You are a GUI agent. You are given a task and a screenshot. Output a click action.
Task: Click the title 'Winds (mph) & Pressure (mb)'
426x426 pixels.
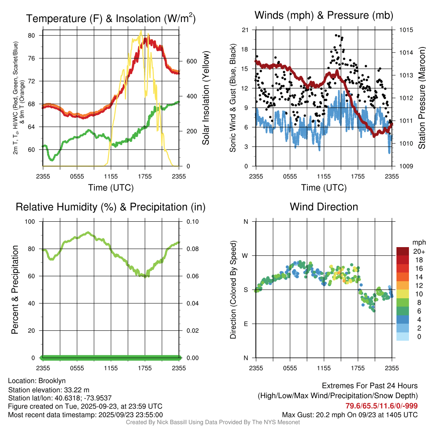(x=324, y=16)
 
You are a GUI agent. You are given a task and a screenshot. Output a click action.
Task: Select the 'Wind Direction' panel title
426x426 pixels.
(x=324, y=207)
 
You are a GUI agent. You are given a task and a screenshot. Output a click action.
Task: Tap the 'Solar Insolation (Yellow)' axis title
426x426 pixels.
(x=206, y=98)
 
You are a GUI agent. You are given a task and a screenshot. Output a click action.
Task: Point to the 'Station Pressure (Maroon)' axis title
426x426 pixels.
(x=421, y=98)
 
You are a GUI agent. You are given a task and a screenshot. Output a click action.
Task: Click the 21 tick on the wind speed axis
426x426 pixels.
(x=245, y=30)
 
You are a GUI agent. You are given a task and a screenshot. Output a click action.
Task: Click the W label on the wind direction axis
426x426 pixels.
(x=245, y=255)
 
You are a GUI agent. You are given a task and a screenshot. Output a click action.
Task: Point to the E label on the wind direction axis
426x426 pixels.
(x=246, y=324)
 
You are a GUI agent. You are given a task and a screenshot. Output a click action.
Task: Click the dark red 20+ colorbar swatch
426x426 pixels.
(x=402, y=251)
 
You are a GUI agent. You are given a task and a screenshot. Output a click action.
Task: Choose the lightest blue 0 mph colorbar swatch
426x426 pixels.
(x=402, y=337)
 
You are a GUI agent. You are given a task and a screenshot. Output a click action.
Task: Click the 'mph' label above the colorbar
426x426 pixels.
(x=418, y=242)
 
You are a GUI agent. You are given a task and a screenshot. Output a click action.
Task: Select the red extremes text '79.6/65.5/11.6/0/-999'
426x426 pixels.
(x=381, y=406)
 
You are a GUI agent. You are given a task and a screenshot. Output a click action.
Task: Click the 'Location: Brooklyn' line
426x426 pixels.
(x=37, y=381)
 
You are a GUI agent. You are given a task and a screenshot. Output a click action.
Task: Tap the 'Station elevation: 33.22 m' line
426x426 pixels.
(x=49, y=389)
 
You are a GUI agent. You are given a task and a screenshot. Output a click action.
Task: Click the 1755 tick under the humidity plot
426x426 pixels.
(x=145, y=368)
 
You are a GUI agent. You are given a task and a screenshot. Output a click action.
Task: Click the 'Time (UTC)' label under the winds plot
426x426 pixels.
(x=324, y=188)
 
